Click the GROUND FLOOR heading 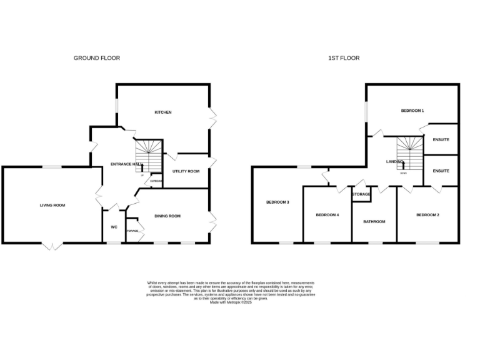[97, 58]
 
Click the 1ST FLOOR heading [344, 58]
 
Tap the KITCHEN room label [163, 112]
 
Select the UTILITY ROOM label [186, 171]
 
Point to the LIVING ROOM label [52, 205]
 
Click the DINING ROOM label [167, 216]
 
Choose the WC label [114, 227]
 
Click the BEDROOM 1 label [412, 111]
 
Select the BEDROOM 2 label [427, 215]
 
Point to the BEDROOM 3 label [277, 202]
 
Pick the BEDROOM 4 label [327, 215]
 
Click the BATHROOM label [374, 221]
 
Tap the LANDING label [395, 161]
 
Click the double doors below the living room [52, 246]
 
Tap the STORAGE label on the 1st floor [361, 194]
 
